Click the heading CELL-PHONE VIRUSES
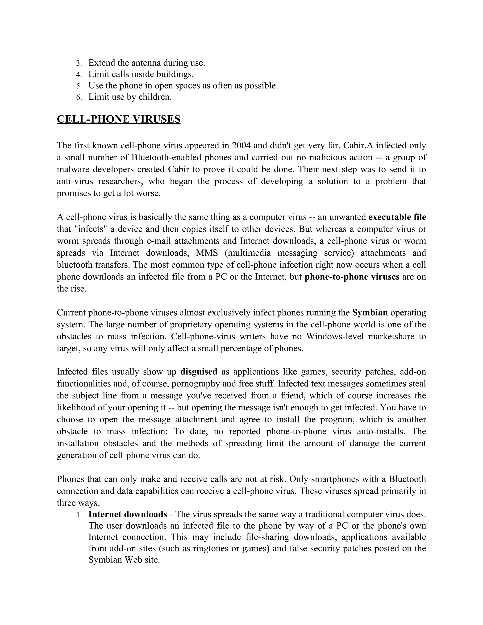[118, 119]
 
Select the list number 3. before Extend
[79, 63]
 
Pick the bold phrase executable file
[397, 217]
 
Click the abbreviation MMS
[207, 253]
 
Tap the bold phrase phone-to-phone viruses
[352, 277]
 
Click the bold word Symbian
[370, 312]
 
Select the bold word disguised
[199, 372]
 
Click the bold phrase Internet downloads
[128, 514]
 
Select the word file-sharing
[267, 537]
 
